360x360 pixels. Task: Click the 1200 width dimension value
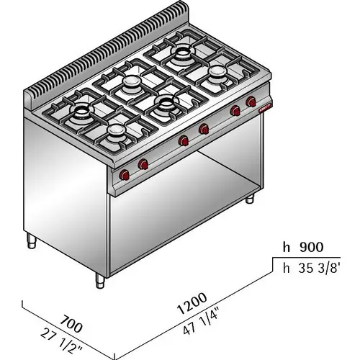coord(192,303)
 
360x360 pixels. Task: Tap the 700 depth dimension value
coord(71,324)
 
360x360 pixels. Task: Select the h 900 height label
coord(303,247)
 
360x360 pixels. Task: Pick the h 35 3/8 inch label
coord(312,268)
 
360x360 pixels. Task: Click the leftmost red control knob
coord(125,174)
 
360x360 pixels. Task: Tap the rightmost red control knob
coord(251,102)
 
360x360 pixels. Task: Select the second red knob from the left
coord(143,164)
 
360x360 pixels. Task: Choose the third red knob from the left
coord(184,140)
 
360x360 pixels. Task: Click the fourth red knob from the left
coord(204,129)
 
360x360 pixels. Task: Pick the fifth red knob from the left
coord(235,111)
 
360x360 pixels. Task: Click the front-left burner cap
coord(116,130)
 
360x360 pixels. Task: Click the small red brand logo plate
coord(265,109)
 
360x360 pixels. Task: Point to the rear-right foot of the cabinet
coord(250,199)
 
